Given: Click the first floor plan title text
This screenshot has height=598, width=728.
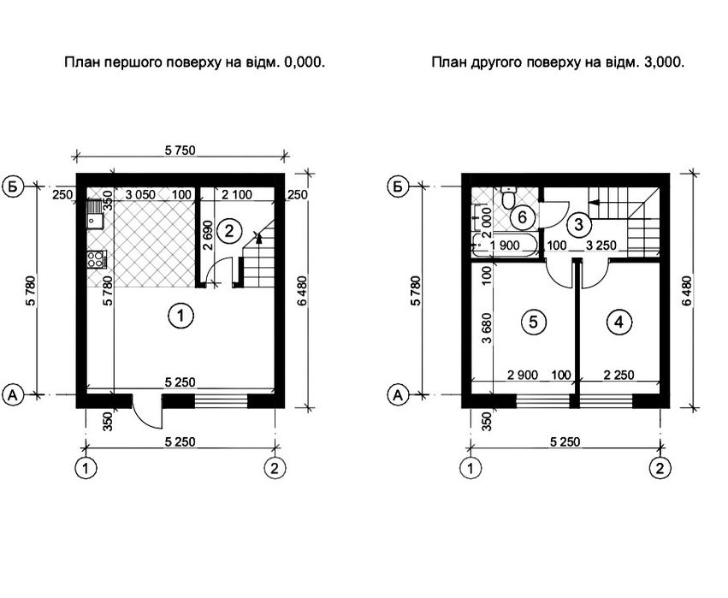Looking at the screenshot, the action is coord(194,62).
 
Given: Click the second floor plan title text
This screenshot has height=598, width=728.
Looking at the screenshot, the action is coord(558,62).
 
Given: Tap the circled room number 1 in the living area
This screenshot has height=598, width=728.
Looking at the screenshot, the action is coord(181,316).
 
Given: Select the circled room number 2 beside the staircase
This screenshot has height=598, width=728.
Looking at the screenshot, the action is coord(229,230).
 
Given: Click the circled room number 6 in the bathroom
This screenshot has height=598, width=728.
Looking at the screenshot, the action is coord(523,216).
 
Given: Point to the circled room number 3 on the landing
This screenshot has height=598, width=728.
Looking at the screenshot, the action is coord(578,224).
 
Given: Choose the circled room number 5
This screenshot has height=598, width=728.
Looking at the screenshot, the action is coord(533,322).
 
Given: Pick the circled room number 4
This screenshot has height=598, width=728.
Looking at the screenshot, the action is coord(619,322).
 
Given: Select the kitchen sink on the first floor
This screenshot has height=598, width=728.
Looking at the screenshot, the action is coord(96,215).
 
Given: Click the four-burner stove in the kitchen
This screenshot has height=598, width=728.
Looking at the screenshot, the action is coord(97,259).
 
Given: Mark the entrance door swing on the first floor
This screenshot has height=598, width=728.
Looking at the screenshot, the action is coord(148,411).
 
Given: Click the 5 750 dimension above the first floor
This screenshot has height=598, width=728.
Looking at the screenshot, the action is coord(181,151).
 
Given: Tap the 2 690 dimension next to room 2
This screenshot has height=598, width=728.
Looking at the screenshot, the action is coord(208,235).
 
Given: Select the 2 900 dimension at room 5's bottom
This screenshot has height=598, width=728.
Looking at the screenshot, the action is coord(523,374).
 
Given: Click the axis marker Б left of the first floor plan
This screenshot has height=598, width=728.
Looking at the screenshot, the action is coord(13,187).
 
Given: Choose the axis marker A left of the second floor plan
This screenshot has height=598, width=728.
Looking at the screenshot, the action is coord(398,395).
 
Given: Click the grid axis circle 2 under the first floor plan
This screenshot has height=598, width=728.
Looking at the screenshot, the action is coord(275,468).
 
